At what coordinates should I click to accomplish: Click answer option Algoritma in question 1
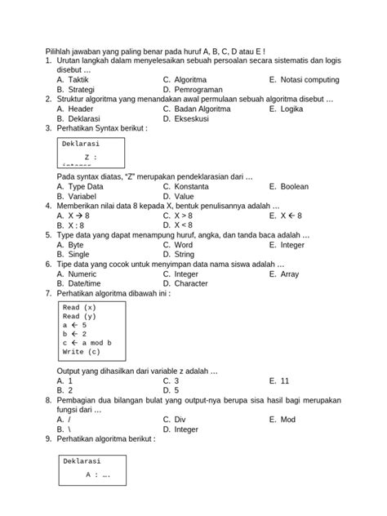point(189,80)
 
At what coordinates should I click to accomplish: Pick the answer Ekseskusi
point(192,118)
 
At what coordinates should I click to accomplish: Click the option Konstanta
point(193,186)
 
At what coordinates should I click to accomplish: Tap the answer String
point(186,254)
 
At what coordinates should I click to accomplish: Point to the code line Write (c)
point(81,352)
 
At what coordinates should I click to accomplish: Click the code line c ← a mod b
point(87,343)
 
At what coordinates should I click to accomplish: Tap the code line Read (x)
point(79,308)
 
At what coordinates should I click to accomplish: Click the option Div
point(180,420)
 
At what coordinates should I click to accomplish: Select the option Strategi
point(82,89)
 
